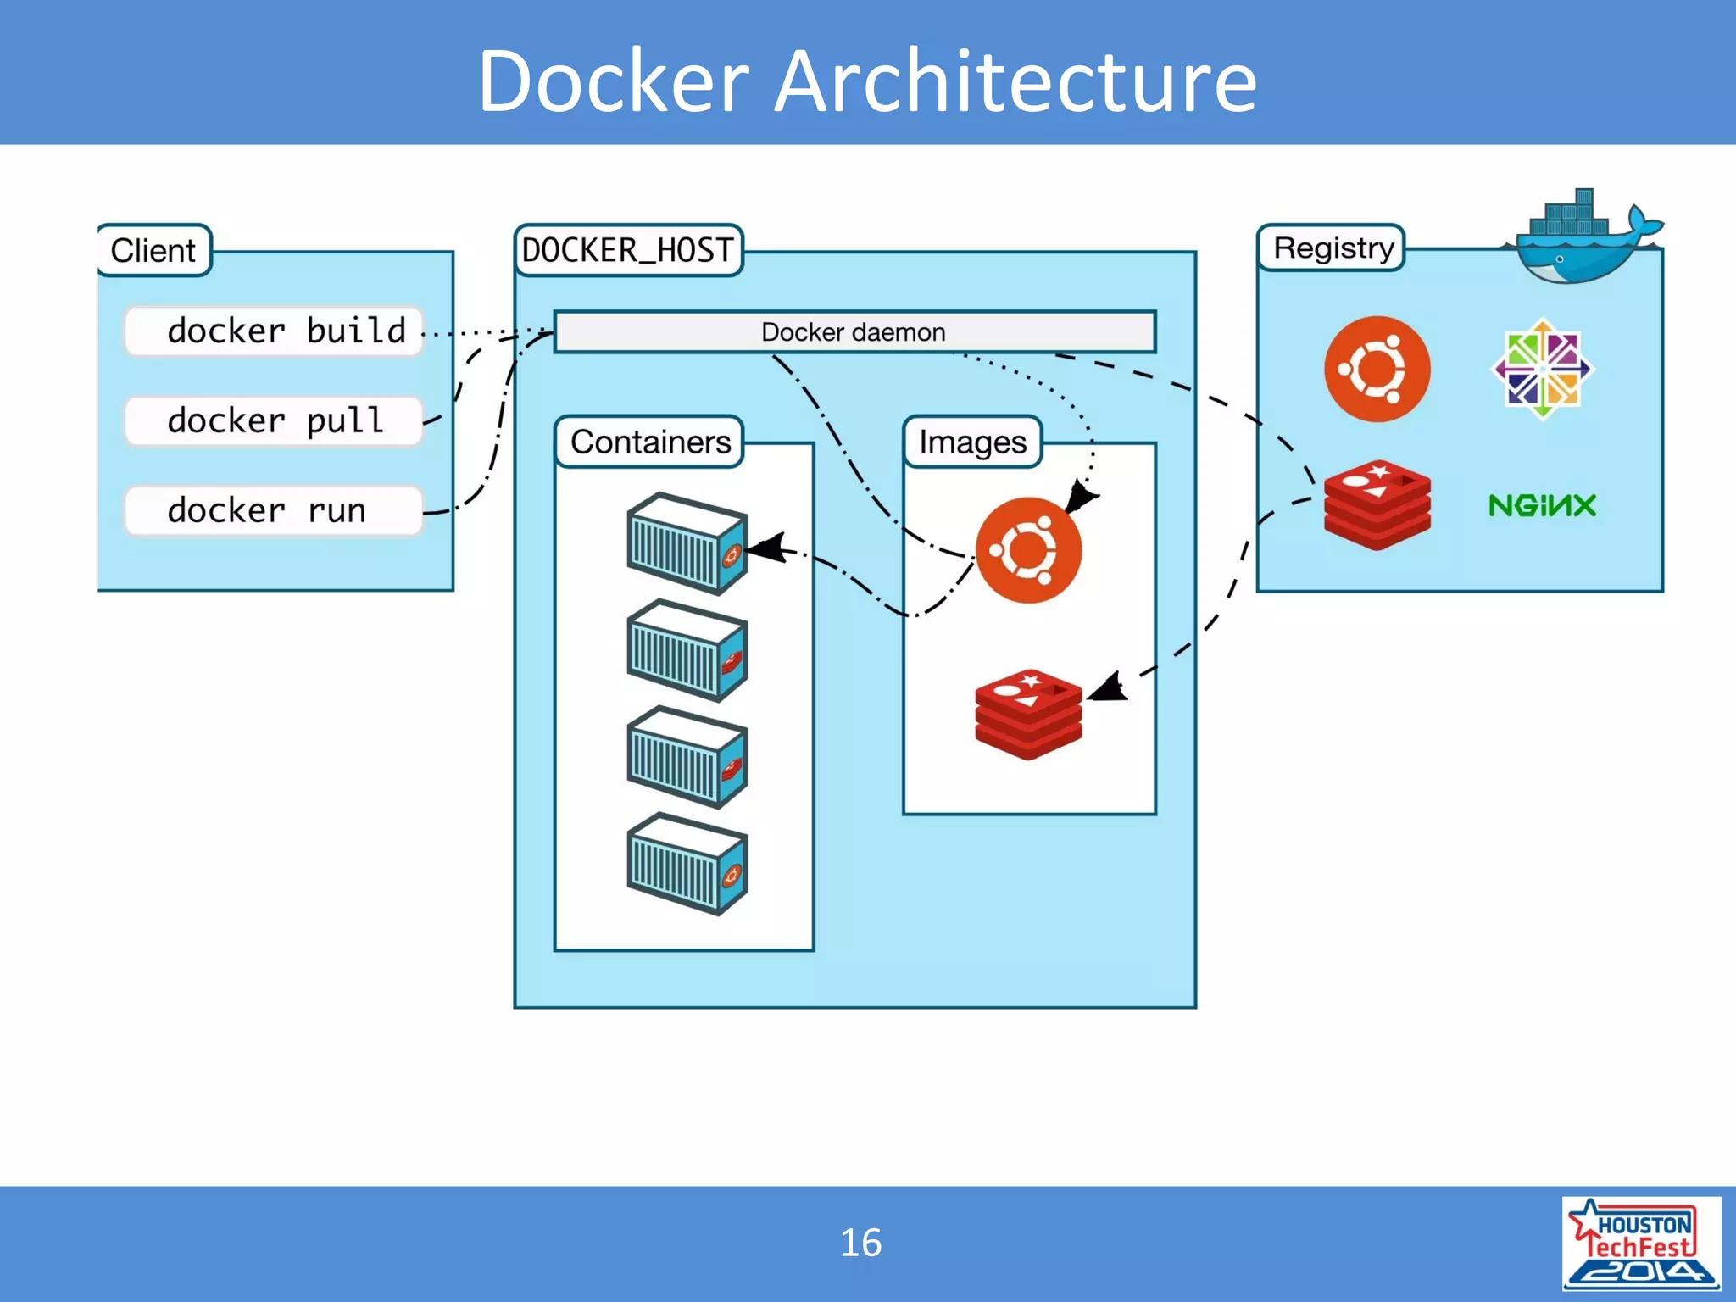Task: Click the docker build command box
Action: tap(274, 331)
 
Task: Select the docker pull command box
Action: tap(274, 420)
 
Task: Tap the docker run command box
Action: tap(274, 510)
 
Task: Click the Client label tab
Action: tap(153, 250)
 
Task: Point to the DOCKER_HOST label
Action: tap(628, 250)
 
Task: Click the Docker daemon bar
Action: tap(854, 331)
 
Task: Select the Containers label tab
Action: tap(649, 442)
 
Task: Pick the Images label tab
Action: tap(972, 442)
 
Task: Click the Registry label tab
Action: tap(1332, 248)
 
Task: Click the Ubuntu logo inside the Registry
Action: tap(1377, 369)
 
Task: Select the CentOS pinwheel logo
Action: tap(1542, 369)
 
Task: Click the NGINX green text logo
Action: tap(1542, 505)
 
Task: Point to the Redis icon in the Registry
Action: tap(1377, 505)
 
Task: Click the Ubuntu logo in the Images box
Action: tap(1028, 550)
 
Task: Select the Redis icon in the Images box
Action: tap(1028, 714)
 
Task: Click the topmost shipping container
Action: tap(687, 543)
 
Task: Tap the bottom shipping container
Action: tap(687, 864)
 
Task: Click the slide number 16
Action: tap(860, 1243)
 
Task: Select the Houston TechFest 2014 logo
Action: tap(1640, 1243)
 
